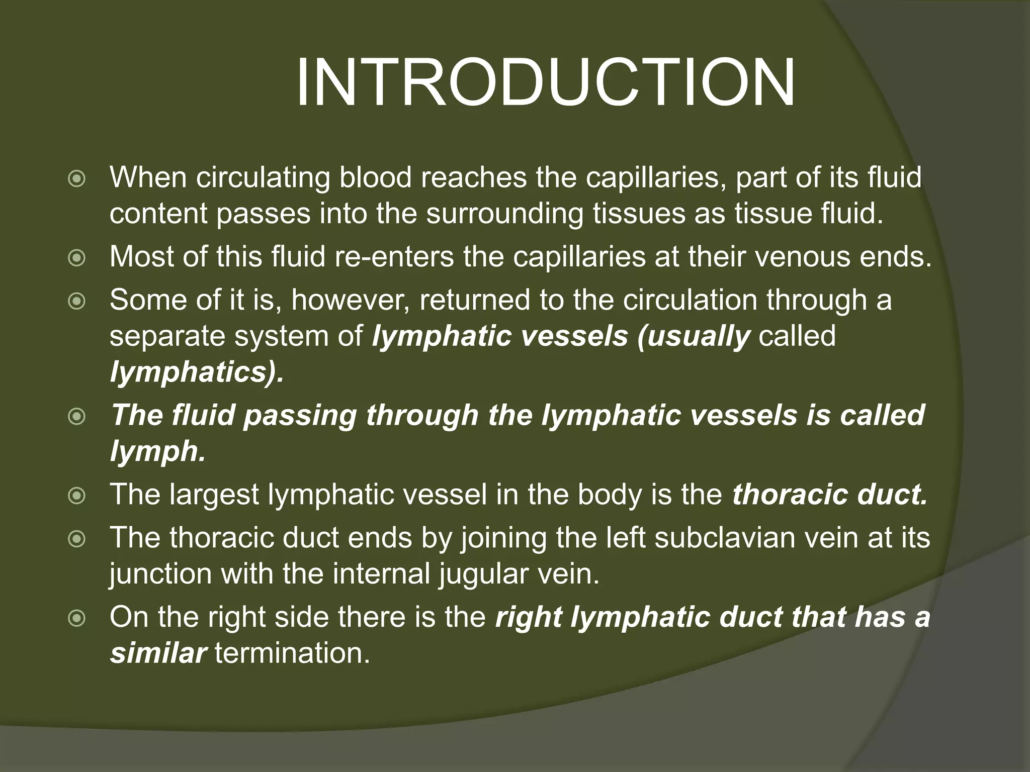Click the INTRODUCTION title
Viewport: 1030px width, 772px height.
point(545,83)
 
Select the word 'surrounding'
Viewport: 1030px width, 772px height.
point(505,214)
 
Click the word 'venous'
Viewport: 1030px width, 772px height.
point(769,257)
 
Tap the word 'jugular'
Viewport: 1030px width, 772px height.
point(490,573)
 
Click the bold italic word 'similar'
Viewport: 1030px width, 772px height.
point(158,653)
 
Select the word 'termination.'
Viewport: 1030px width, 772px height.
point(292,653)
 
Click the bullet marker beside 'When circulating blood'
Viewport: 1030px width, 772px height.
point(76,179)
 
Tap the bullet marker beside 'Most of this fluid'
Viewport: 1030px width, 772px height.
point(76,258)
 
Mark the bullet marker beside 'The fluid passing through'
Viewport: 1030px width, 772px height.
point(76,417)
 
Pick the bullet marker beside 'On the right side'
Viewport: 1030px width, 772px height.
point(76,618)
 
